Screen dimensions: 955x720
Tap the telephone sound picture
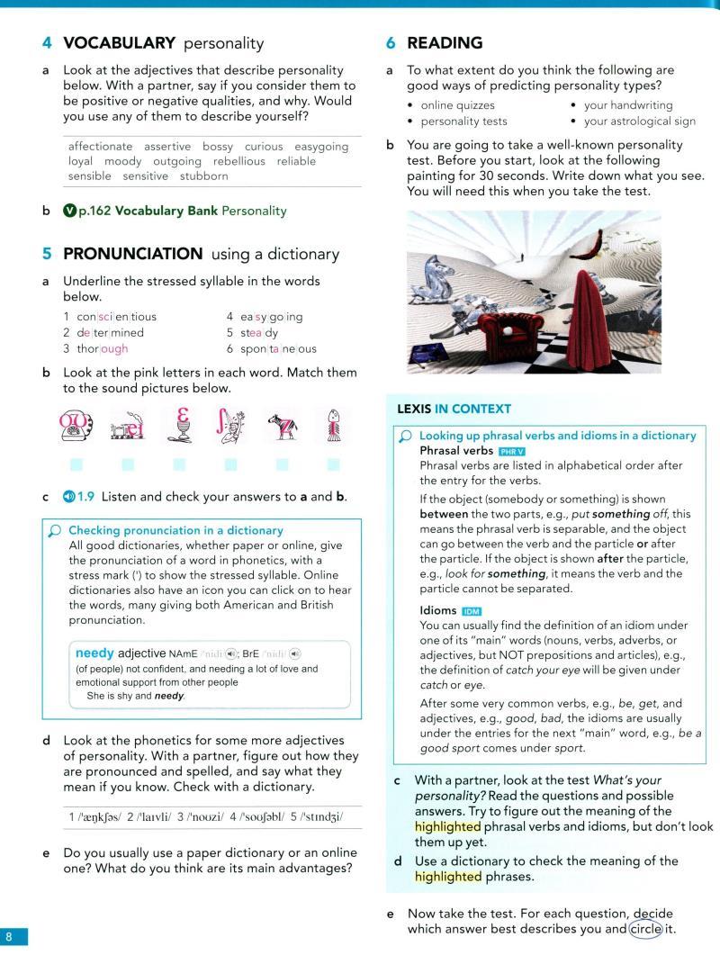[76, 428]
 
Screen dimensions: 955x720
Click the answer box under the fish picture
[334, 464]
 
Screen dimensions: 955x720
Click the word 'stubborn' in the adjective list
[203, 176]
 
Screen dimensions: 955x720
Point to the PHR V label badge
[512, 450]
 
